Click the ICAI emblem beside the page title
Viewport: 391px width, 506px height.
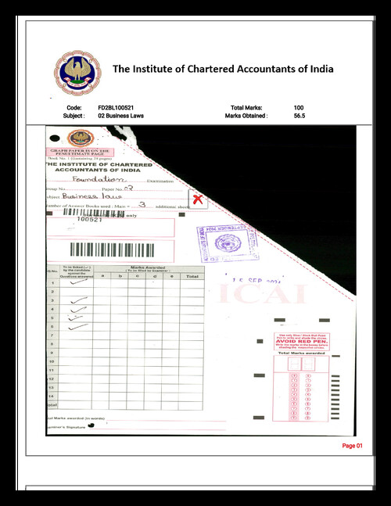click(77, 72)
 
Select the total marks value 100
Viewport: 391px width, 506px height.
click(298, 107)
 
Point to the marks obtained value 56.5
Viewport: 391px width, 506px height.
click(299, 116)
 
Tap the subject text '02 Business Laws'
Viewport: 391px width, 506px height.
click(120, 116)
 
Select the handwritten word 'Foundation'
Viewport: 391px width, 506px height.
click(99, 179)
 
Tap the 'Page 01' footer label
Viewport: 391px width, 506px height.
click(353, 446)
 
